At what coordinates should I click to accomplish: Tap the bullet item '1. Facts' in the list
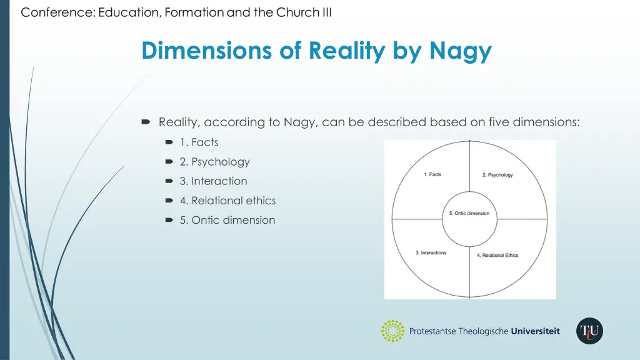(x=199, y=142)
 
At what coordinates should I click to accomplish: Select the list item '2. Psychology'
(x=214, y=162)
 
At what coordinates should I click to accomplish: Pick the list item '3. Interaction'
(x=213, y=181)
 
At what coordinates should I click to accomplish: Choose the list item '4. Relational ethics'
(x=227, y=201)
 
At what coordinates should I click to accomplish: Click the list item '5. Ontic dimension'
(x=227, y=220)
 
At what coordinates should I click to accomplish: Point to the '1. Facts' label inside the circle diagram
(x=432, y=174)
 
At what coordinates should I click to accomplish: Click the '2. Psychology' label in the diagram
(x=497, y=175)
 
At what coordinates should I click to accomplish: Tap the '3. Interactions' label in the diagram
(x=431, y=253)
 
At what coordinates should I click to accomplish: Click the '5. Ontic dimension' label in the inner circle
(x=469, y=214)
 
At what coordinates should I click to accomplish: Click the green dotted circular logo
(x=392, y=331)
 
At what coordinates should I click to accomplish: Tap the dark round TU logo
(x=589, y=331)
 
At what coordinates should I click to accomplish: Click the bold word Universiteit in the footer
(x=535, y=331)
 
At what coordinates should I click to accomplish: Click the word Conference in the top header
(x=56, y=12)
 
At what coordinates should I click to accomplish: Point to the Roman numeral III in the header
(x=326, y=12)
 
